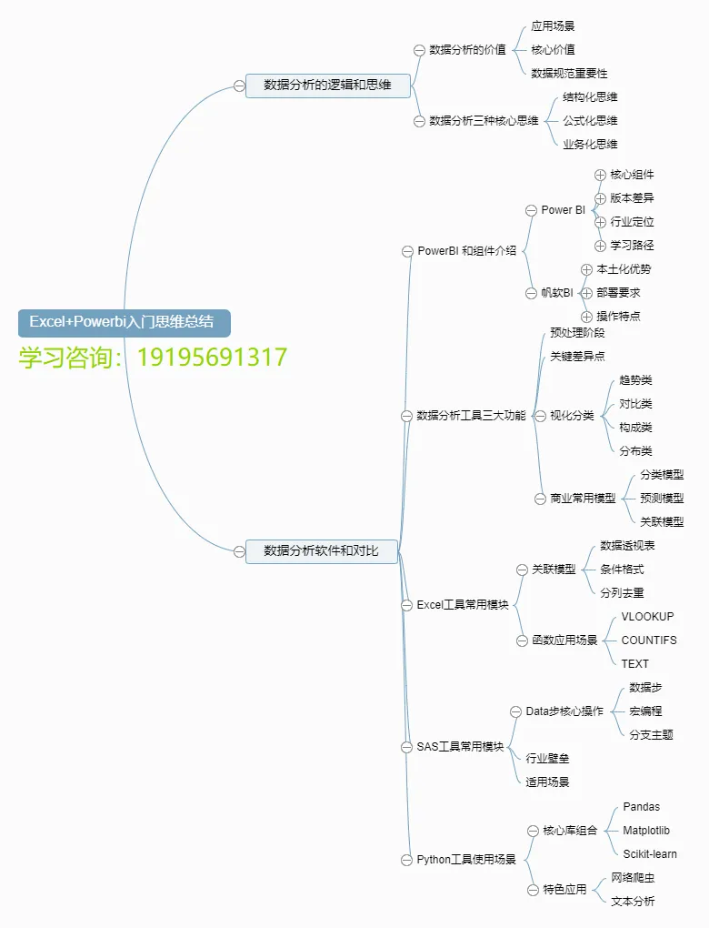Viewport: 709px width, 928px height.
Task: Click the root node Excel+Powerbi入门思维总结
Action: click(123, 322)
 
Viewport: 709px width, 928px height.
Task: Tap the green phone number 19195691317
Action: click(212, 357)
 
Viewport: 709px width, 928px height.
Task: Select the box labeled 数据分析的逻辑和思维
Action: click(327, 86)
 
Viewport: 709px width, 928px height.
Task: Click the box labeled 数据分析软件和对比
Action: click(321, 550)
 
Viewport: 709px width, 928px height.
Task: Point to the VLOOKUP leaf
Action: click(647, 616)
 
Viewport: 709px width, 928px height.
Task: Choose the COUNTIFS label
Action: click(648, 640)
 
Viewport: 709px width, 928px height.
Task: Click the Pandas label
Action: click(641, 807)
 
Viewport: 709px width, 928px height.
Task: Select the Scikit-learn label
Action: click(649, 854)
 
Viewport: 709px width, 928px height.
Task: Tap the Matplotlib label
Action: click(645, 831)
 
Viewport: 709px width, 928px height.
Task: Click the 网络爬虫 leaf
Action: click(633, 878)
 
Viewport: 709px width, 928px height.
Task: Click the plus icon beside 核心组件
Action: click(600, 175)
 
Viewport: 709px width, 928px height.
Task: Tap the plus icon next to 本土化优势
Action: click(586, 269)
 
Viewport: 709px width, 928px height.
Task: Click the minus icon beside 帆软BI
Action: click(532, 293)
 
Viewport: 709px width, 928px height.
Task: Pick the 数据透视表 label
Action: click(627, 545)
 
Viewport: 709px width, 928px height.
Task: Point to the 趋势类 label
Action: click(635, 380)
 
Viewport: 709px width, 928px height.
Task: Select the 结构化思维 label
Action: click(590, 96)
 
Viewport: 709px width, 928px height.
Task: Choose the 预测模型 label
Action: click(662, 498)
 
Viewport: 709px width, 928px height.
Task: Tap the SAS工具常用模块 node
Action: click(460, 747)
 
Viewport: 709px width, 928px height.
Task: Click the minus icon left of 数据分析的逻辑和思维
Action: click(239, 86)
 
